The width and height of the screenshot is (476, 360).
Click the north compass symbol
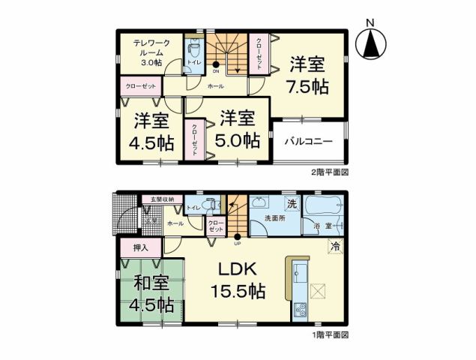click(372, 43)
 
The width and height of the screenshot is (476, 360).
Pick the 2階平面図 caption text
click(331, 172)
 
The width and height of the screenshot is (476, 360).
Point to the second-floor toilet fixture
click(194, 52)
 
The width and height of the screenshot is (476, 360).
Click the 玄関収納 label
click(159, 199)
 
